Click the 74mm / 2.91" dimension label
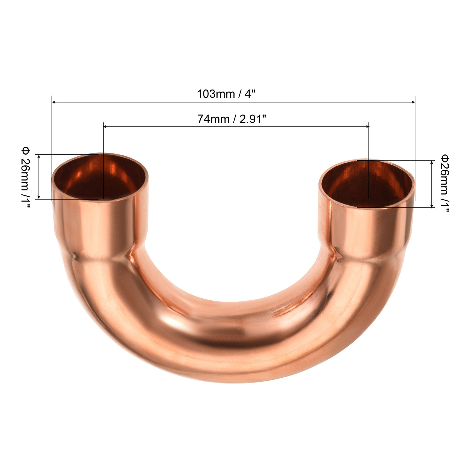[x=232, y=119]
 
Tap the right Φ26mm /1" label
[x=445, y=183]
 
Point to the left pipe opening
[x=100, y=178]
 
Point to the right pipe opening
[x=367, y=184]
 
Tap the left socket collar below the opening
[x=100, y=226]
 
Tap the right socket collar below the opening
[x=366, y=233]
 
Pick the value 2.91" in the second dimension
[x=253, y=119]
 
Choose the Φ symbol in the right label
[x=445, y=157]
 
